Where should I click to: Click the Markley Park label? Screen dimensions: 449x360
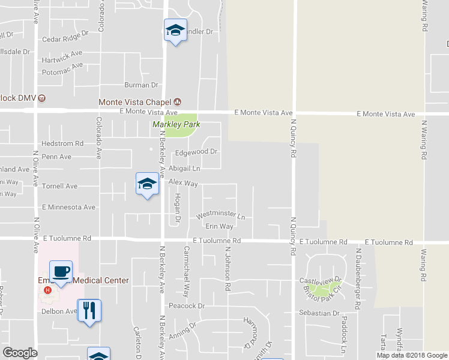point(176,125)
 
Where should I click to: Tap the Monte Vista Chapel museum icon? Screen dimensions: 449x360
point(178,102)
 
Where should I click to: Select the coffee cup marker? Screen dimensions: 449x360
point(61,271)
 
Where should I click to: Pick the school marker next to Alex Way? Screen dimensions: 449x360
point(147,184)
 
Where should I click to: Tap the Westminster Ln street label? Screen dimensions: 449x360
point(221,216)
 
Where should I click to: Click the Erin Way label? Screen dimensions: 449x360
point(219,226)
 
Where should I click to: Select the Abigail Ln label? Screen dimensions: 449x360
point(184,169)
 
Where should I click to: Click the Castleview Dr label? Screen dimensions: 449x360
point(320,280)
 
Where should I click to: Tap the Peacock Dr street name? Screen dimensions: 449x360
point(187,306)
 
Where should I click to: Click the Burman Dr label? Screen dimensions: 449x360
point(140,86)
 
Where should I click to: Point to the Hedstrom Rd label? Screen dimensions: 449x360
point(62,144)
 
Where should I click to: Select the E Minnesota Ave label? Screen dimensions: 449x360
point(68,208)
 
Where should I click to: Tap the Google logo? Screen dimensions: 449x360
point(20,353)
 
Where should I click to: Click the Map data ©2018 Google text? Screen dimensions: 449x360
point(412,355)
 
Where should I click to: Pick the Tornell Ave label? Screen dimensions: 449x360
point(59,187)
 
